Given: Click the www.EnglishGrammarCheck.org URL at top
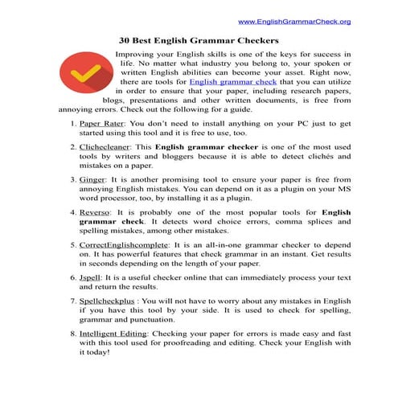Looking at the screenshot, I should click(x=294, y=22).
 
